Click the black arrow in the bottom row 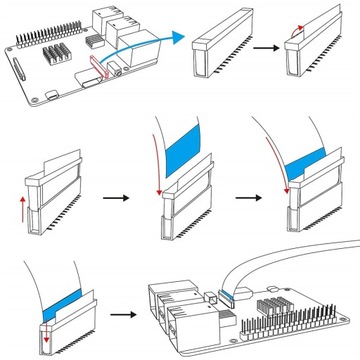click(x=123, y=314)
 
